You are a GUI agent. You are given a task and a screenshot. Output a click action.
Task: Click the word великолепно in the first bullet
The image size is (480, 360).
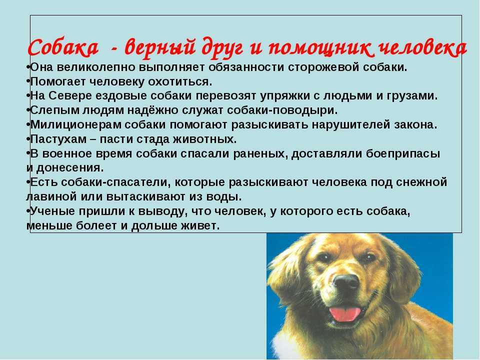click(x=95, y=67)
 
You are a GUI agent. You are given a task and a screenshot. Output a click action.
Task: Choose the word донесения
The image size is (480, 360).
click(x=70, y=168)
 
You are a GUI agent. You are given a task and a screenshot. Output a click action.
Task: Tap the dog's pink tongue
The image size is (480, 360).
click(x=345, y=313)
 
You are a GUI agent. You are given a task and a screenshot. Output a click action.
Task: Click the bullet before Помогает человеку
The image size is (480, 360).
click(x=28, y=81)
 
